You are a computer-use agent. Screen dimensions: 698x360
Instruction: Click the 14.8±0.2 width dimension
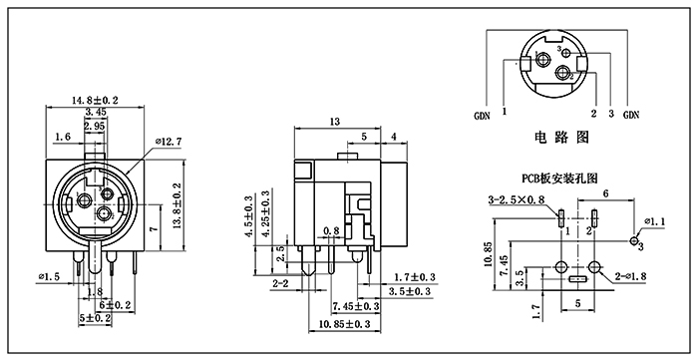[95, 101]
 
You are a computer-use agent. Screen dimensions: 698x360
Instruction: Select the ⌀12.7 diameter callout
[169, 142]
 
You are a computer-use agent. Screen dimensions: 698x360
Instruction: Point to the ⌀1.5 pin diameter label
[49, 277]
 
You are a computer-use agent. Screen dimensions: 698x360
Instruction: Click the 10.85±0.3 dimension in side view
[345, 324]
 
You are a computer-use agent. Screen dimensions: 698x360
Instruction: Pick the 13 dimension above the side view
[334, 122]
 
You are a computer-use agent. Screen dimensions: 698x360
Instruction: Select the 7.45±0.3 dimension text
[356, 306]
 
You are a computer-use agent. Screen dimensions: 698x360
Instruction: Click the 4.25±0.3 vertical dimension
[266, 211]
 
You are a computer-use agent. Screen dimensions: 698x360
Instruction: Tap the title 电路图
[561, 137]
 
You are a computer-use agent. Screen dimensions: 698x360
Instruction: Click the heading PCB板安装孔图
[559, 179]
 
